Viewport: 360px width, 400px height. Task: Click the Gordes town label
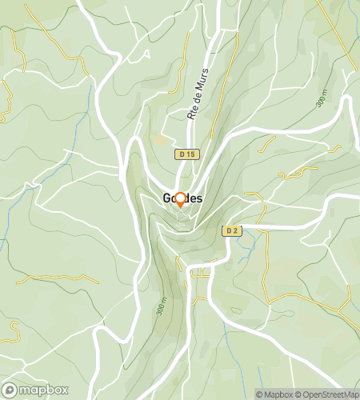181,198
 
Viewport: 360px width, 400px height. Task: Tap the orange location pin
180,200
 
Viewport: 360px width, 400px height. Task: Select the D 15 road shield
186,154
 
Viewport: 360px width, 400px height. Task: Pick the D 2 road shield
231,231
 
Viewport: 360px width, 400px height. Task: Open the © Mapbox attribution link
274,394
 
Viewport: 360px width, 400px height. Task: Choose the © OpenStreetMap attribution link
326,394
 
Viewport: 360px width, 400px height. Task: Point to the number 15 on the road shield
190,154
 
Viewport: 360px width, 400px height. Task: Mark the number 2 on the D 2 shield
235,231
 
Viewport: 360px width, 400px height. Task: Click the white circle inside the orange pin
180,198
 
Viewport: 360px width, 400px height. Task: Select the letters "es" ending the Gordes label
196,198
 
